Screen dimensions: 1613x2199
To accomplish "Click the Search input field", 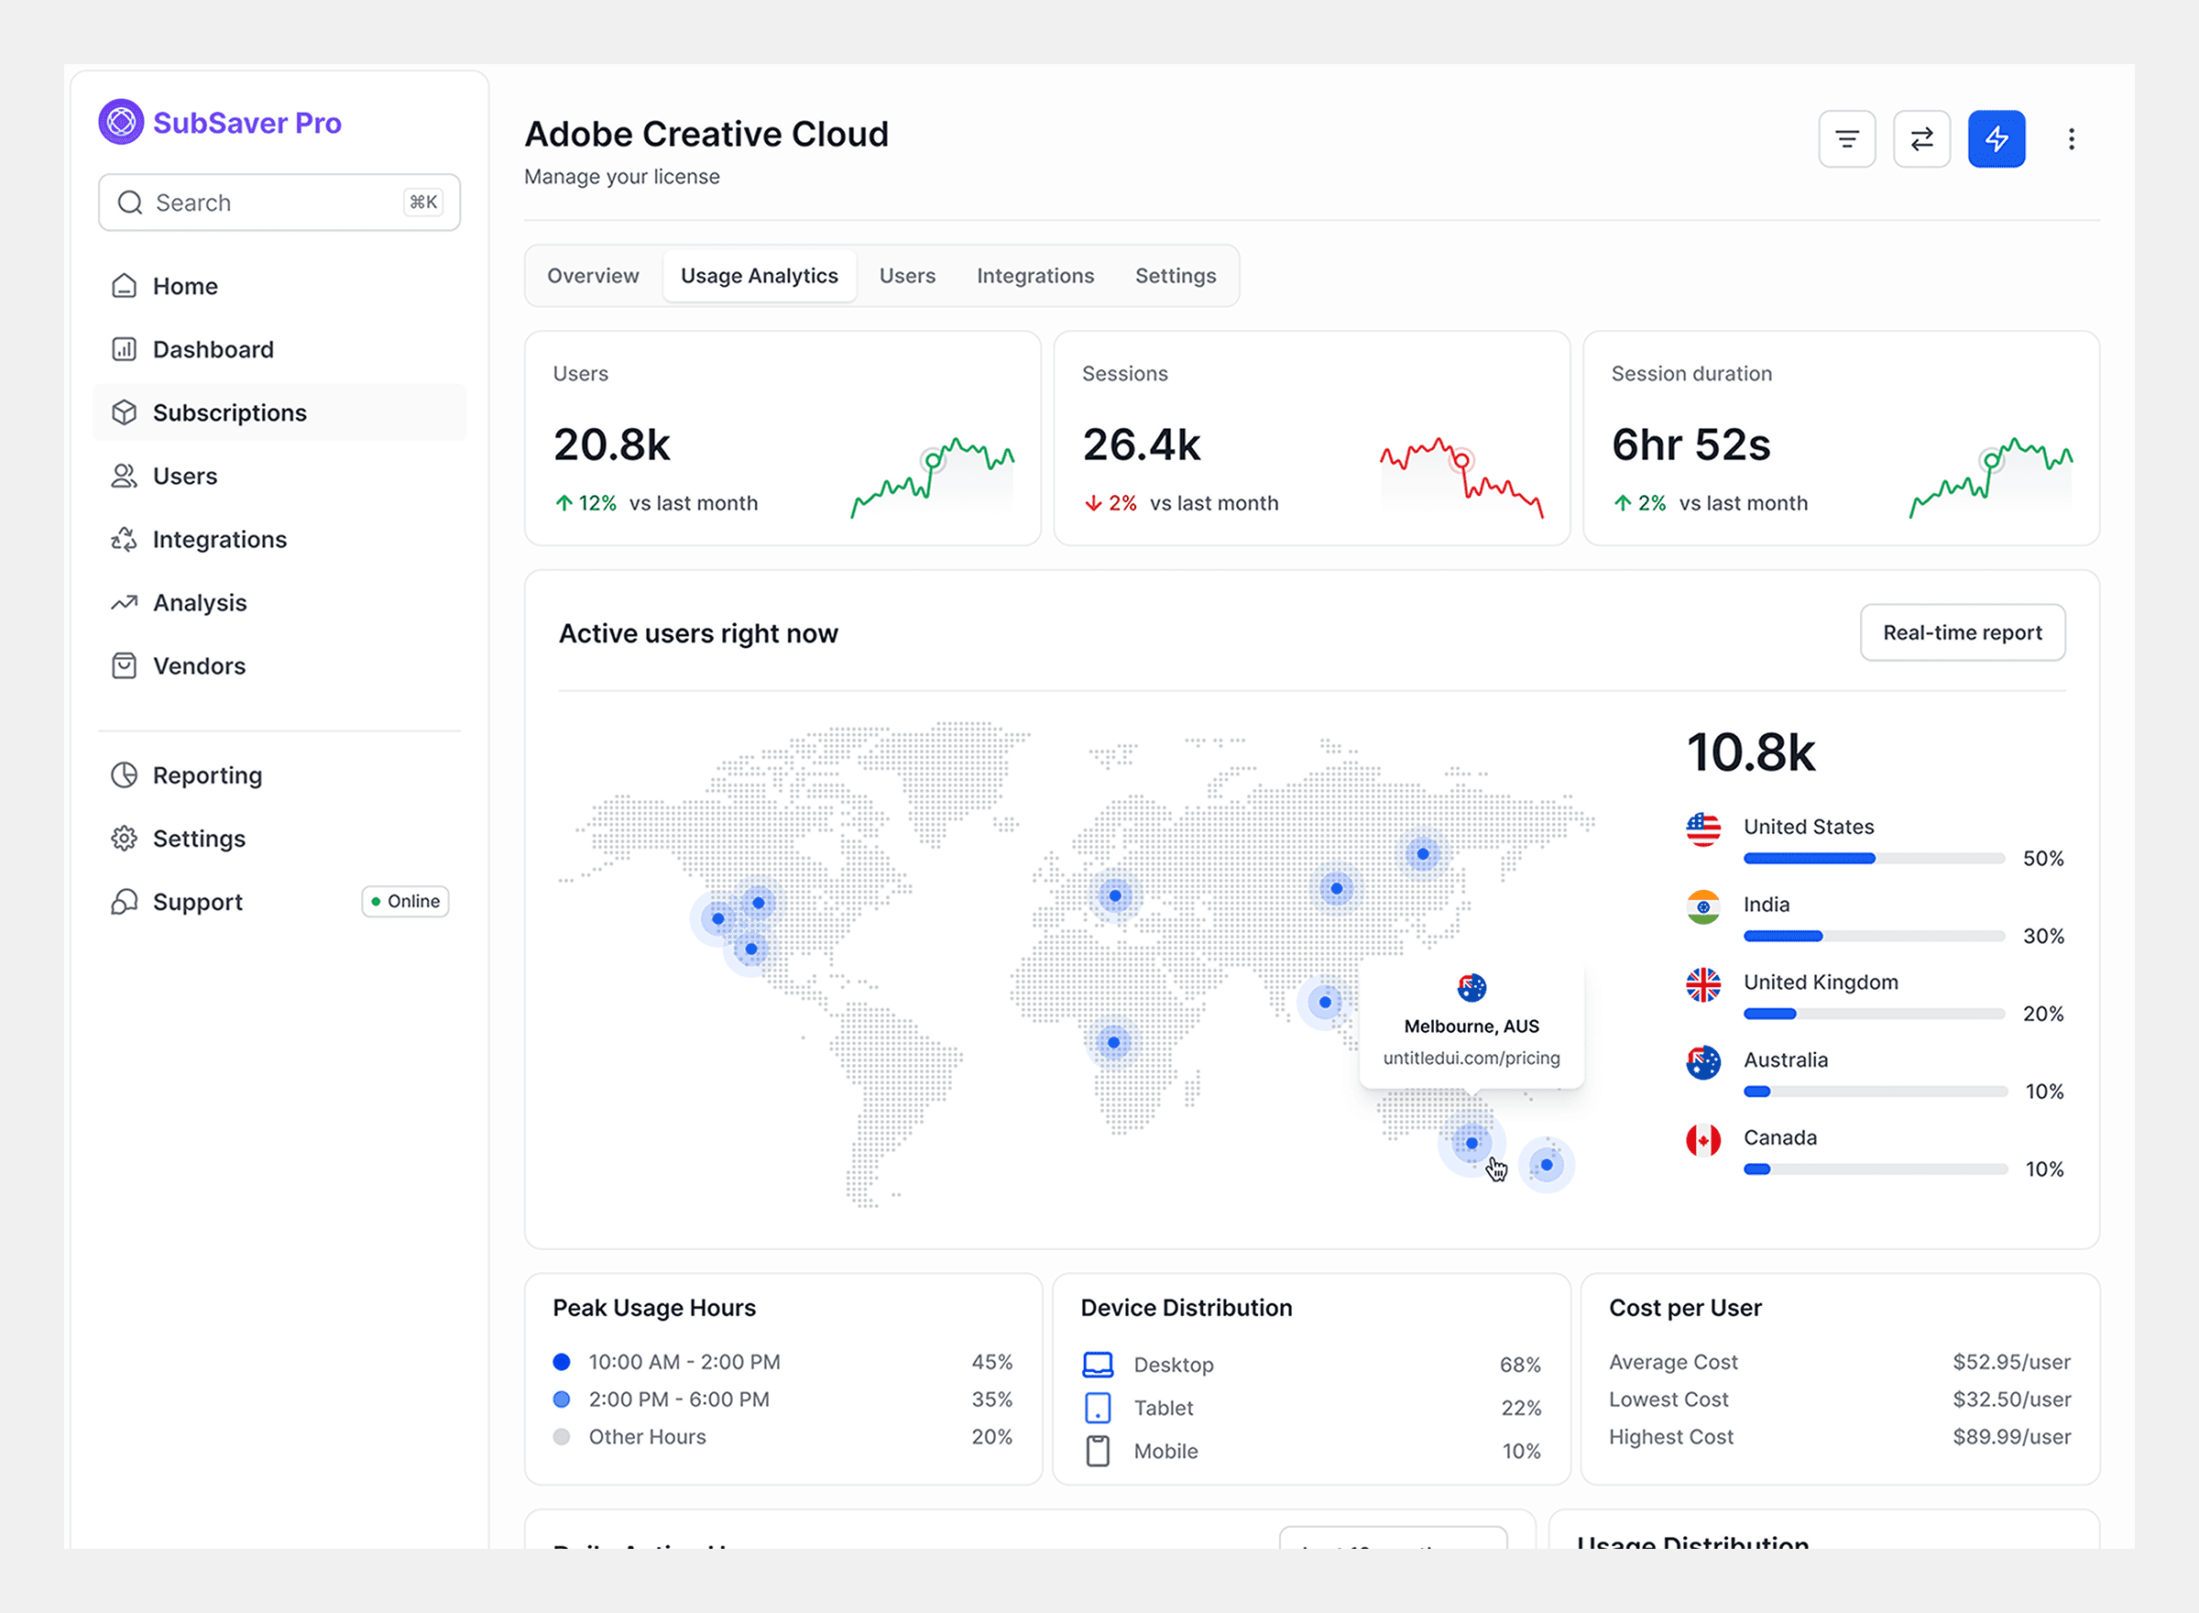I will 279,203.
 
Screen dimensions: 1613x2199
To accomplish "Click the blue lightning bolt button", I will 1995,138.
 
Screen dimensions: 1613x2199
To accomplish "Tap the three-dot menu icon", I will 2070,138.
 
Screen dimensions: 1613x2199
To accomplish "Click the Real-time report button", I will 1961,632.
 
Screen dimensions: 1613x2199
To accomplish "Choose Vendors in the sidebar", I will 198,666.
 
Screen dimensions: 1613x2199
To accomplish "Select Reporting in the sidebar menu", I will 207,775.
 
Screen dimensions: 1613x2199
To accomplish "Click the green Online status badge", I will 405,901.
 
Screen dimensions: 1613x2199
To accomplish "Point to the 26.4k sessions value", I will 1141,445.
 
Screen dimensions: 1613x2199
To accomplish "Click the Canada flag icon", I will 1702,1139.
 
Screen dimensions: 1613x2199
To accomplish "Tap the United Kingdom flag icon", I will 1702,984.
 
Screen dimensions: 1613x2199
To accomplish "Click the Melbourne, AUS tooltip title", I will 1470,1026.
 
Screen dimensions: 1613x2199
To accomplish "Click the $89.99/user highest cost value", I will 2010,1436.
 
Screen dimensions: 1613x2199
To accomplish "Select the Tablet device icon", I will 1097,1408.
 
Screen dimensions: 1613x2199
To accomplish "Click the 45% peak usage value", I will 990,1362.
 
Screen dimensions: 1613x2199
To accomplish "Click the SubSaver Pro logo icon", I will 121,122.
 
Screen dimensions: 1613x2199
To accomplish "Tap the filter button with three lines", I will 1845,138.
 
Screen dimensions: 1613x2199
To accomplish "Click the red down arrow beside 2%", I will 1092,504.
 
